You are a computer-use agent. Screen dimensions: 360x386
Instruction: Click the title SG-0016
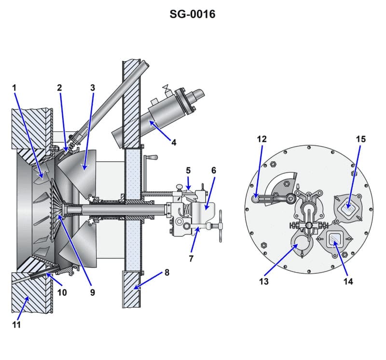pos(192,14)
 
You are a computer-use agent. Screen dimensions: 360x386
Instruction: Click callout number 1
pos(14,88)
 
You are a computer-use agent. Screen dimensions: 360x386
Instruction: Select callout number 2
pos(59,88)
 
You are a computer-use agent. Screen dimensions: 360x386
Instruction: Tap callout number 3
pos(93,88)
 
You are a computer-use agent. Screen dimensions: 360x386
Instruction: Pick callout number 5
pos(188,170)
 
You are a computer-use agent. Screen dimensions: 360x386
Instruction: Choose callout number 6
pos(213,170)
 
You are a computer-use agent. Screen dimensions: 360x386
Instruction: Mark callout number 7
pos(192,259)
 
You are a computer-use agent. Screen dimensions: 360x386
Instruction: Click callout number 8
pos(167,272)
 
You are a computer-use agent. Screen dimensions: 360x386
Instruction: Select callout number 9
pos(92,292)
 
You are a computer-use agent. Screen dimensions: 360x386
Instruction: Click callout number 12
pos(262,139)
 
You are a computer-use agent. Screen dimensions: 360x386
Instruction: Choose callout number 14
pos(348,281)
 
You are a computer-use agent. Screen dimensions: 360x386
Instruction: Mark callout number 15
pos(360,139)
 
